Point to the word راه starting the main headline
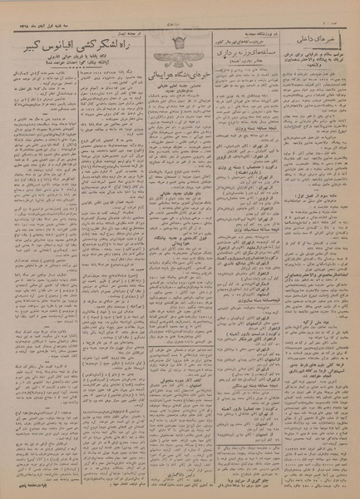pyautogui.click(x=121, y=33)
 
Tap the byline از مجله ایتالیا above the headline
pyautogui.click(x=116, y=17)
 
